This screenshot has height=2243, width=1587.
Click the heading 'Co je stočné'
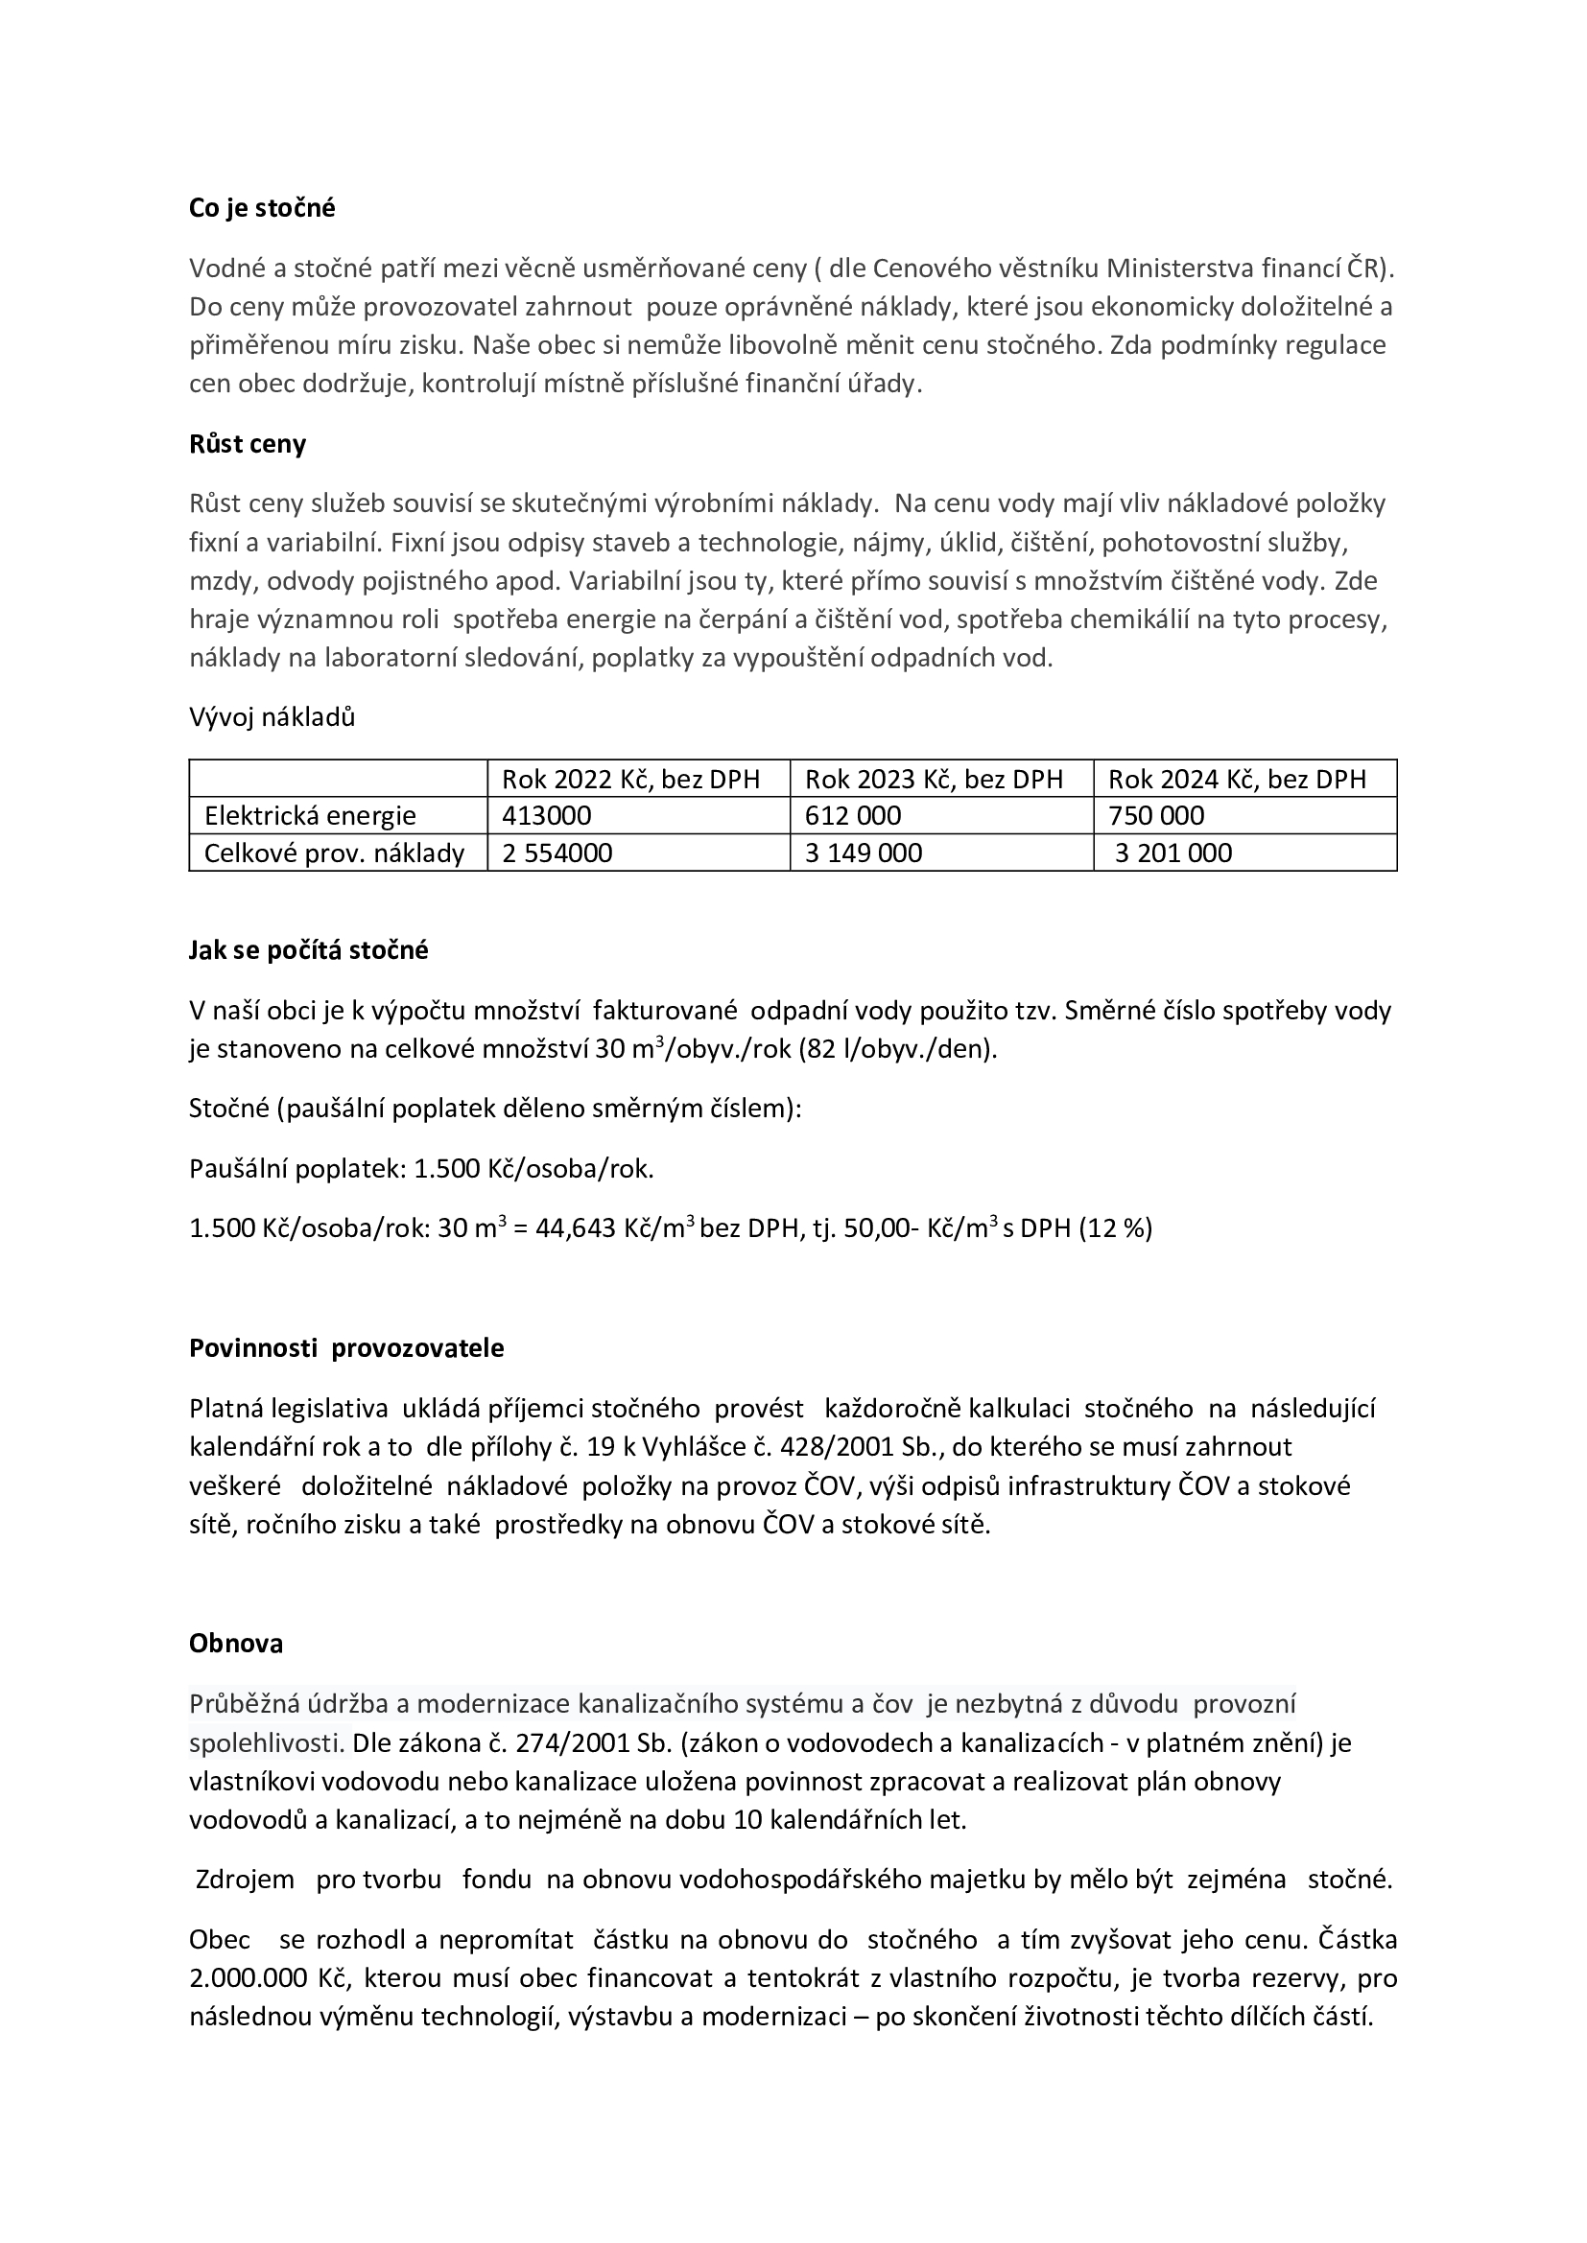tap(262, 208)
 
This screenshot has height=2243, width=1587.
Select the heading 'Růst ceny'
tap(248, 445)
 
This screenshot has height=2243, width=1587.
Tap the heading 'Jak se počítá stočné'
tap(309, 950)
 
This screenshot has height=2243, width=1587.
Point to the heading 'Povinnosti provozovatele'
tap(347, 1348)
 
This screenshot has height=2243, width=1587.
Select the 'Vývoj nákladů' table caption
tap(272, 717)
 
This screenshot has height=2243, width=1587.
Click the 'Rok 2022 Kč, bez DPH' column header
tap(630, 779)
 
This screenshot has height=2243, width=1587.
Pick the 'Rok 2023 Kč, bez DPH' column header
tap(934, 779)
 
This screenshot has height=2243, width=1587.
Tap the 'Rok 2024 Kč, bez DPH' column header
tap(1236, 779)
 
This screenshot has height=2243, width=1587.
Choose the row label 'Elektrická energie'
tap(310, 816)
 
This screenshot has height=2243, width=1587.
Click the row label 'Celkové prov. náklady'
tap(333, 853)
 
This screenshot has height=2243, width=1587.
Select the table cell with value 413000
tap(546, 816)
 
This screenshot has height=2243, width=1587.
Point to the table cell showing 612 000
tap(852, 816)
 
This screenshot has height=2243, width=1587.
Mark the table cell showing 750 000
tap(1156, 816)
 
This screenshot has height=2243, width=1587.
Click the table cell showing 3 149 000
tap(863, 853)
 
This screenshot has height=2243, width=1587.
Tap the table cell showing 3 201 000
tap(1172, 853)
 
